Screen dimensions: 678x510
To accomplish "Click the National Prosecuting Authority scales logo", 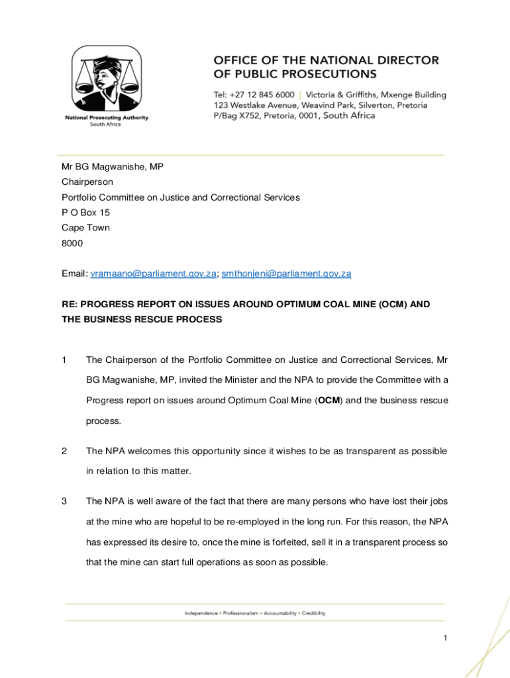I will coord(106,81).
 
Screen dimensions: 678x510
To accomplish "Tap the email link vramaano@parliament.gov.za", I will coord(153,273).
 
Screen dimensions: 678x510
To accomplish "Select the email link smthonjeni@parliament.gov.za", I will coord(286,273).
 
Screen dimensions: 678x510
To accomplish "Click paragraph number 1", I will coord(64,360).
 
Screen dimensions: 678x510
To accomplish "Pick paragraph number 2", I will coord(64,452).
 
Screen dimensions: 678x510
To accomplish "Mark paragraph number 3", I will coord(64,501).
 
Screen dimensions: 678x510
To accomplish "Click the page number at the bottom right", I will coord(446,638).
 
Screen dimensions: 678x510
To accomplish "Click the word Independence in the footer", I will coord(201,613).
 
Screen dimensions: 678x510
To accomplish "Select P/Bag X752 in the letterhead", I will coord(235,116).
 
